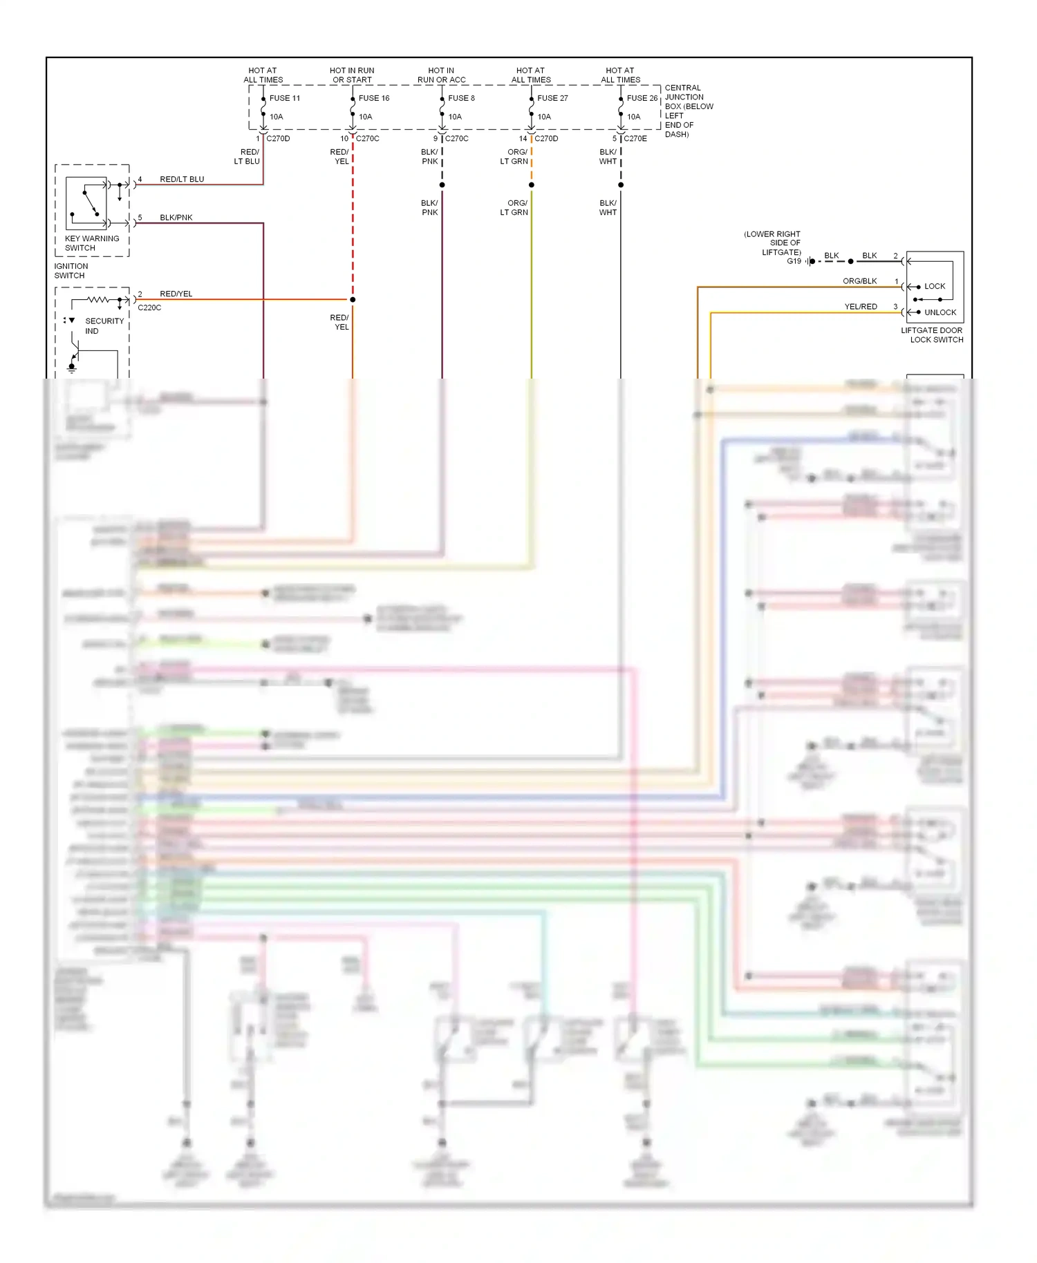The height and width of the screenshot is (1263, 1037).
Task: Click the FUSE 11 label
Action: tap(284, 98)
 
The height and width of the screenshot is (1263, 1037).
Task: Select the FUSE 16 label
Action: tap(373, 98)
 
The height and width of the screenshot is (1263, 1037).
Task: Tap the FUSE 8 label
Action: tap(461, 98)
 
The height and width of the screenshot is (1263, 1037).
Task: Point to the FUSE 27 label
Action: tap(552, 98)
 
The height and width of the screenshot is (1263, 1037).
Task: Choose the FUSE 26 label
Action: tap(642, 98)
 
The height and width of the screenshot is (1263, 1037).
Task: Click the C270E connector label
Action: tap(635, 139)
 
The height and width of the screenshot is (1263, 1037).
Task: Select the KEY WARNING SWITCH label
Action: tap(91, 243)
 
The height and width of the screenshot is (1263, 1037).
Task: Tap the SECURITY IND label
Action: tap(104, 326)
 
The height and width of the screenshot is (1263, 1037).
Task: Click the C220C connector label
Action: tap(149, 308)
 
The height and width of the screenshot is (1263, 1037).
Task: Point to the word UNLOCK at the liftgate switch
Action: tap(940, 312)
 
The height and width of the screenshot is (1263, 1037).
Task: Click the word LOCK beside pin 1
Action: tap(935, 286)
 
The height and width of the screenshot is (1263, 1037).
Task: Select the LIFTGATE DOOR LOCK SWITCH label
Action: tap(932, 335)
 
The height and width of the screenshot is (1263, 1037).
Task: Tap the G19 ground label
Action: tap(794, 261)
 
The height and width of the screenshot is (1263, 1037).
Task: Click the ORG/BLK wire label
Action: tap(859, 281)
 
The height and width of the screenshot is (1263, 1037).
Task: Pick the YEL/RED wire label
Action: tap(860, 307)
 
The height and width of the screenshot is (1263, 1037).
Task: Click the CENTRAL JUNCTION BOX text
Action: tap(688, 111)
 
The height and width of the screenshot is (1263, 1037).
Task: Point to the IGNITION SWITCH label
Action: tap(71, 271)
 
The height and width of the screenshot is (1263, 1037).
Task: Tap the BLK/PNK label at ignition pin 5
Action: tap(176, 218)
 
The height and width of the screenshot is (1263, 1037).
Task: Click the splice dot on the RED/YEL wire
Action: tap(353, 300)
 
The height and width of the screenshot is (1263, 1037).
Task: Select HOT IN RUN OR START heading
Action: tap(352, 75)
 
